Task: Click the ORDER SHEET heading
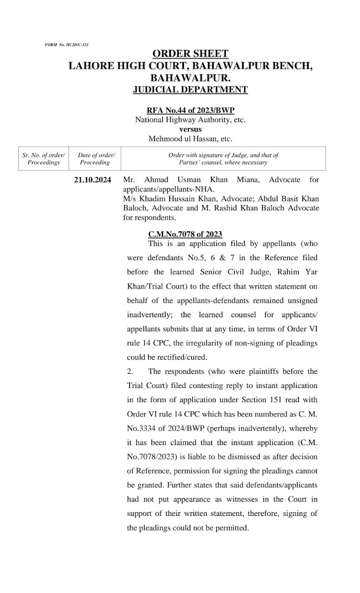190,54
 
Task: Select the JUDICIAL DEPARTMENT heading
190,90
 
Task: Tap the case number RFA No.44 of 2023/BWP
190,110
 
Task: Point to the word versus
190,129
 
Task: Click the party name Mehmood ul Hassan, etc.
190,139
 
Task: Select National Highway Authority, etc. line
190,120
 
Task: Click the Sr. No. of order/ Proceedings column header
43,159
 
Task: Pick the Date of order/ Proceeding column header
96,159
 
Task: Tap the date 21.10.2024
93,180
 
